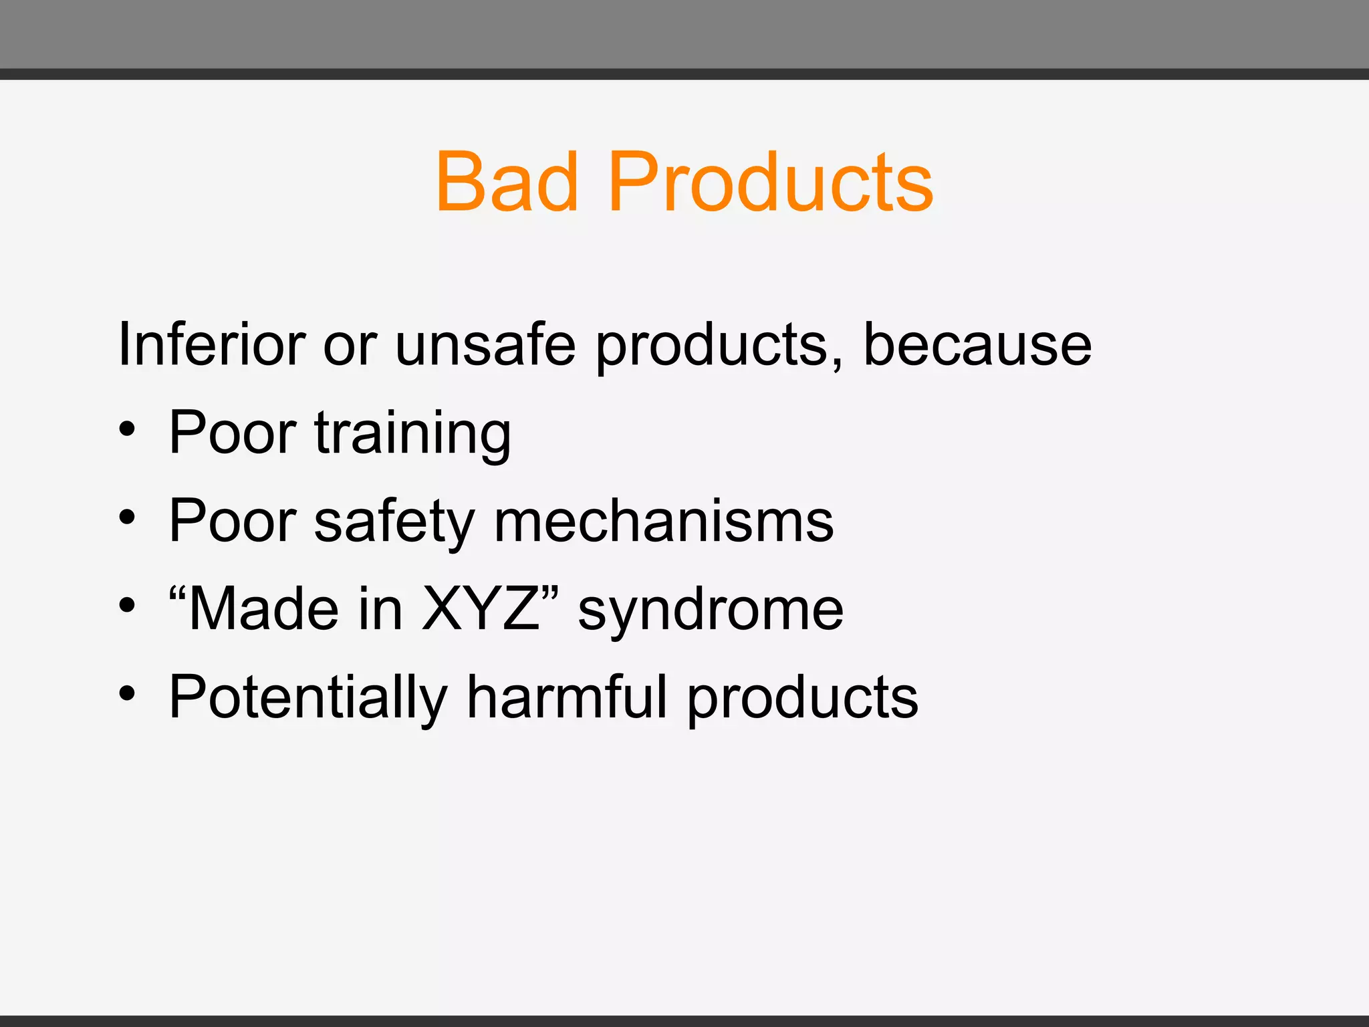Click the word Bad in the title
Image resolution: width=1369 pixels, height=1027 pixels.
click(507, 182)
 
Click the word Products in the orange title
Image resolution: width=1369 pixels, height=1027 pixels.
click(770, 182)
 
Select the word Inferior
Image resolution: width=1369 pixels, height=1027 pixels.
click(211, 345)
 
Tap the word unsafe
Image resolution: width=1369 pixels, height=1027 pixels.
click(485, 345)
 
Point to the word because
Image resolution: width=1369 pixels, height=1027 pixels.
click(977, 345)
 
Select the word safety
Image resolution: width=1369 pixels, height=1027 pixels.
click(394, 523)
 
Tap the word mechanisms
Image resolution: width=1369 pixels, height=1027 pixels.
click(663, 522)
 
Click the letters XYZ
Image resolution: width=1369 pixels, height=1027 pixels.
click(481, 609)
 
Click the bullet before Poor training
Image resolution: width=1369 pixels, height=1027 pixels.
click(127, 430)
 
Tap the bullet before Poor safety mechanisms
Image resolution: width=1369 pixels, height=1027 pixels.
click(127, 518)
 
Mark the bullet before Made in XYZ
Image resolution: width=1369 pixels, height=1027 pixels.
click(127, 606)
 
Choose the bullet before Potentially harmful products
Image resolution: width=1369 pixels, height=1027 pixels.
click(127, 694)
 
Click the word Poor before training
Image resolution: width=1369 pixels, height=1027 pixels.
click(233, 433)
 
